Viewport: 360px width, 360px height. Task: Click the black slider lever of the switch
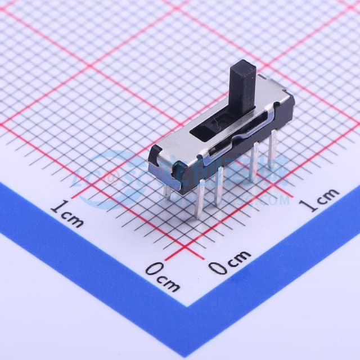[242, 84]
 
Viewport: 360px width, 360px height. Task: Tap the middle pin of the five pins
[218, 186]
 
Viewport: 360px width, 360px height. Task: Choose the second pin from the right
[254, 160]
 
